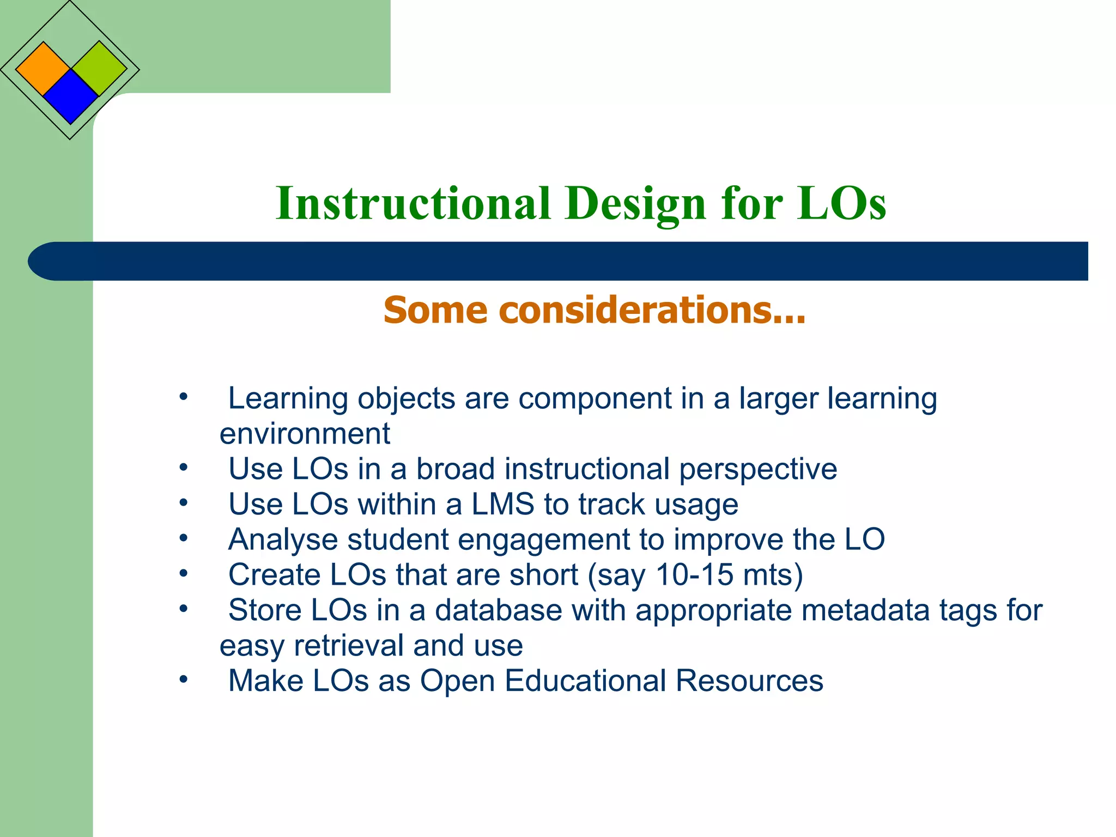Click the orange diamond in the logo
coord(43,69)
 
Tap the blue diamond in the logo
coord(70,96)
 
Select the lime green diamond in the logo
coord(99,69)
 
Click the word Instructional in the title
coord(413,203)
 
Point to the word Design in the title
coord(635,203)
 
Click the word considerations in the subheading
coord(652,310)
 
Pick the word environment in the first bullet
coord(305,434)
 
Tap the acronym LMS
coord(502,504)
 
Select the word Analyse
coord(283,539)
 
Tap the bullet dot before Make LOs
coord(184,680)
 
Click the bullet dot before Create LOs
coord(184,573)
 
